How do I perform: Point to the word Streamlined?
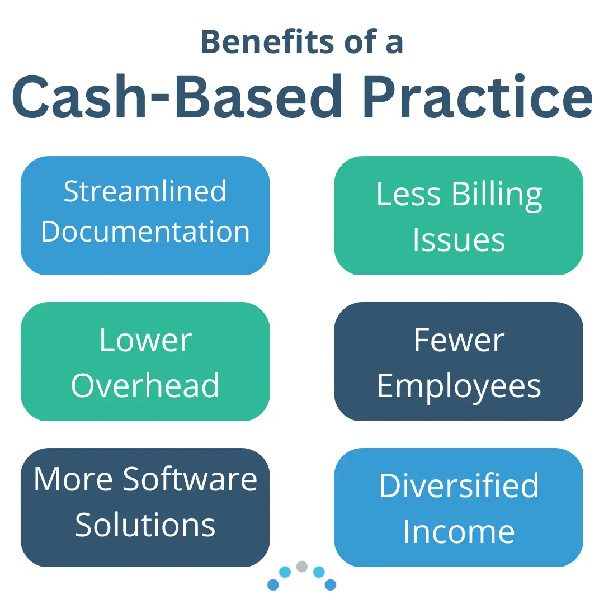point(145,191)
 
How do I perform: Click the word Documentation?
point(145,232)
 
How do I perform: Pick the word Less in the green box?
point(408,194)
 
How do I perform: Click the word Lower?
point(145,340)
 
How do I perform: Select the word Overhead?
point(145,385)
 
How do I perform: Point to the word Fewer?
point(459,340)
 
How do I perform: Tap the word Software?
point(190,479)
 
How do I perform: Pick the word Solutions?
point(145,525)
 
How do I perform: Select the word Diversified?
point(459,485)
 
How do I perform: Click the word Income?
point(459,531)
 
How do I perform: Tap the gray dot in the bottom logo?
point(302,566)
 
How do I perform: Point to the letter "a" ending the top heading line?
point(394,44)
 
